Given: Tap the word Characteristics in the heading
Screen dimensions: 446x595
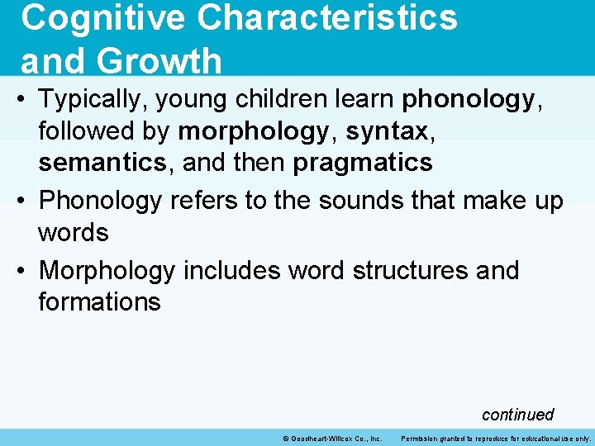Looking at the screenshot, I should tap(323, 18).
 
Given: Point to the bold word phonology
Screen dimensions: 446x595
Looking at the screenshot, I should tap(468, 100).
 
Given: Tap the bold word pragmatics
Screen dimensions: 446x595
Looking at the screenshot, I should tap(363, 163).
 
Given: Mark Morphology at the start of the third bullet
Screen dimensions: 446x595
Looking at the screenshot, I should tap(107, 270).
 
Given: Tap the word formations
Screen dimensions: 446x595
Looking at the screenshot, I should tap(99, 301).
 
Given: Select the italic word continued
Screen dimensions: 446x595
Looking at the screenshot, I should tap(517, 415).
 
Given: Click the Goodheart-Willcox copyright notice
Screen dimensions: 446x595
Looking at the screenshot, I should tap(332, 438).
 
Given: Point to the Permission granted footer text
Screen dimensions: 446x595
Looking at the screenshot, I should tap(496, 438).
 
